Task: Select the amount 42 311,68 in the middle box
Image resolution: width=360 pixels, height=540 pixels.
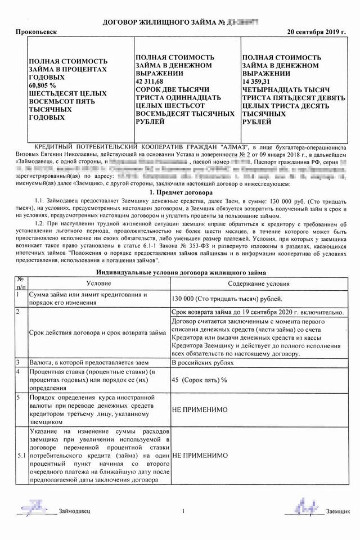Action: click(152, 82)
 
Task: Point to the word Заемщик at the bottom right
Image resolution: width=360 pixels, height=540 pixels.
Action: click(338, 511)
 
